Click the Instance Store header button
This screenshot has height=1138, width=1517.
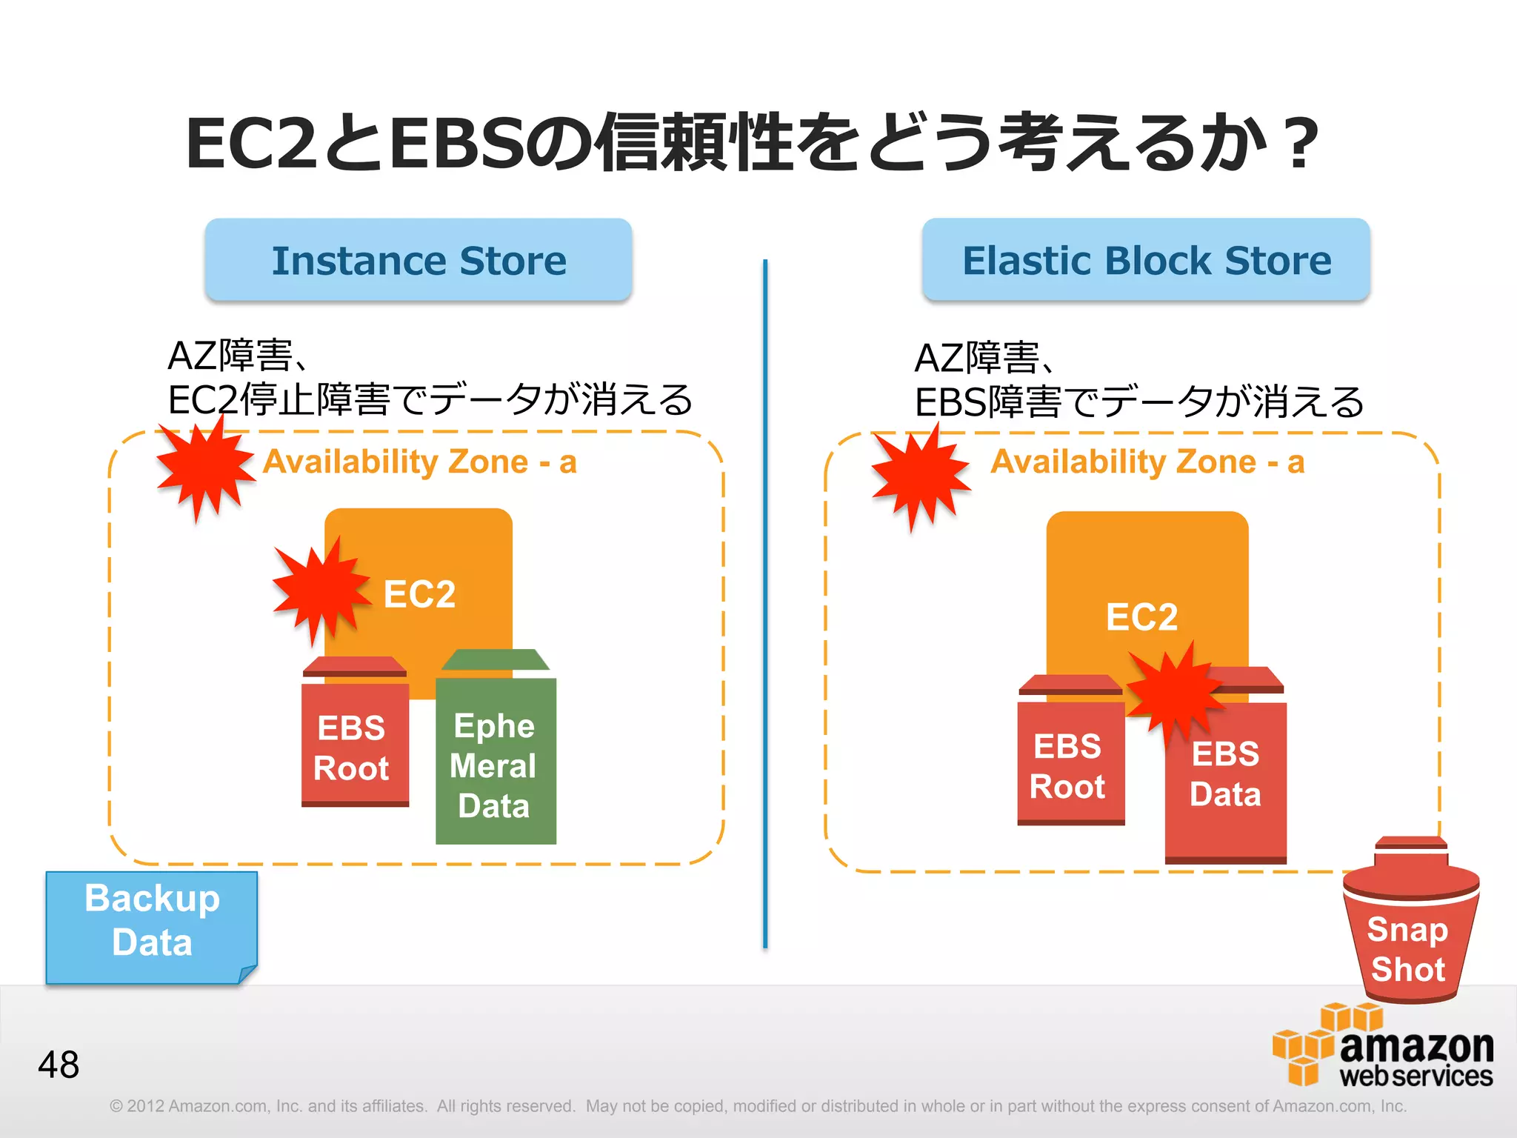(419, 260)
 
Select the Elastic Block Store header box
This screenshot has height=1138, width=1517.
(1146, 260)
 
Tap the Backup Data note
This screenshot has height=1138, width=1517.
(152, 926)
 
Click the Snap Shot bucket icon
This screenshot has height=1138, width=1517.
(1410, 926)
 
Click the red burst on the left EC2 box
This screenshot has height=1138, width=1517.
(321, 589)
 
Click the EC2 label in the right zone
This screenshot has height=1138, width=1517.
(1141, 616)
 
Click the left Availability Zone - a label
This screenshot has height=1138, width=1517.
(420, 462)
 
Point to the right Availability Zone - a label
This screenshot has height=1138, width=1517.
(1147, 462)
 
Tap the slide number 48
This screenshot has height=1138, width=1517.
(59, 1065)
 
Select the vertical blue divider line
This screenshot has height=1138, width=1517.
(765, 604)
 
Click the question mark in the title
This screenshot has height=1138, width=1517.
(1302, 142)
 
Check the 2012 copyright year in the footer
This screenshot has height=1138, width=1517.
(145, 1106)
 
